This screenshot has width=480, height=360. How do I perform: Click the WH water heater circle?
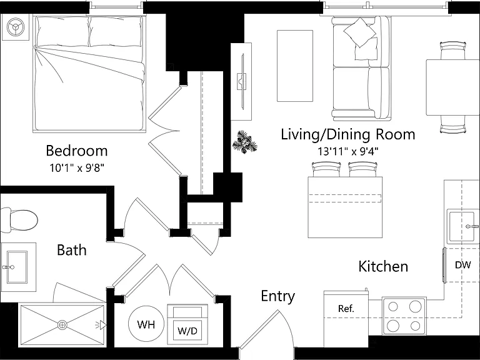146,324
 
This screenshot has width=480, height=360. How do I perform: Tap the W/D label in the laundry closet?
187,331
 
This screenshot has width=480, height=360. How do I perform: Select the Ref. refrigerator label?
346,309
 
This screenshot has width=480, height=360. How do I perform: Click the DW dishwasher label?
462,265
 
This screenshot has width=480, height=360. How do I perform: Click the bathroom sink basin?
17,267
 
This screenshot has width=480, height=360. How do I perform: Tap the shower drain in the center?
62,324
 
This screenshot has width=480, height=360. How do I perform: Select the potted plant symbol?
244,142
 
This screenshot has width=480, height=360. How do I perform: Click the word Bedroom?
77,151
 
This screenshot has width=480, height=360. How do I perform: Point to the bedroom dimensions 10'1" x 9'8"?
77,167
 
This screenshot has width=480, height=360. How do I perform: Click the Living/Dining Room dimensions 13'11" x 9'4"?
347,151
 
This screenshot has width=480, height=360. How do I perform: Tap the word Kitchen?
383,266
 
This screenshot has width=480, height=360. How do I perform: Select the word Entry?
278,296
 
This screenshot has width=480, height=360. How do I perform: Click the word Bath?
72,250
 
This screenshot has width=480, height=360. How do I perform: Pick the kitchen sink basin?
462,226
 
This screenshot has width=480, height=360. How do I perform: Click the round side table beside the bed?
15,27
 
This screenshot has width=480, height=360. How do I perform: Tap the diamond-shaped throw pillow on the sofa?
360,32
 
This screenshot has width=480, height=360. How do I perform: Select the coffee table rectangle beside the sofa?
295,66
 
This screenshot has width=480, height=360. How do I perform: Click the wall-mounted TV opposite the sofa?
242,81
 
